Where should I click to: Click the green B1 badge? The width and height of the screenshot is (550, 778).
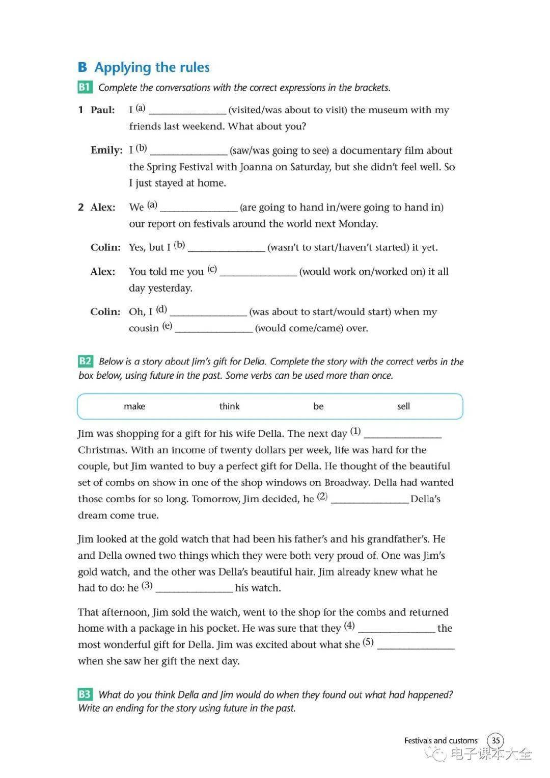click(85, 87)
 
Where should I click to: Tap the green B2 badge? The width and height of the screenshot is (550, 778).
click(85, 361)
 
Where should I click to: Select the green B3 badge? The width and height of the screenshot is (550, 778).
click(85, 694)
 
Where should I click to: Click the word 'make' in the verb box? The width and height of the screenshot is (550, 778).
click(134, 406)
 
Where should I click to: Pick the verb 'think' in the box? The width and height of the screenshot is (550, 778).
click(229, 406)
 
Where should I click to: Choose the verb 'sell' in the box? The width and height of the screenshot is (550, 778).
click(403, 406)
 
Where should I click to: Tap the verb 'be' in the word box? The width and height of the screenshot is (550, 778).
click(318, 406)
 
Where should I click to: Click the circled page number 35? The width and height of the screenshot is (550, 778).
click(496, 740)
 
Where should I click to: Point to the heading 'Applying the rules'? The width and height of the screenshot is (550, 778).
click(152, 67)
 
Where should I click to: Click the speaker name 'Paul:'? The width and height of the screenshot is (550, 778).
click(103, 110)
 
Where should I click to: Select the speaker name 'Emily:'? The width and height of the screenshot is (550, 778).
click(106, 150)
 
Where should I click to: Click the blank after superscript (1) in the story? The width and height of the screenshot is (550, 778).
click(403, 435)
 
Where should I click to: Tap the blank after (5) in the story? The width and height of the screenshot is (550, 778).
click(416, 646)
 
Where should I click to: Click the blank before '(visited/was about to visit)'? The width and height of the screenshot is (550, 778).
click(187, 111)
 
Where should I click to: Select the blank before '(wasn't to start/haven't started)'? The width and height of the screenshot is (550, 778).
click(227, 249)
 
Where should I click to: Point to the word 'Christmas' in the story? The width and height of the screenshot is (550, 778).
click(102, 450)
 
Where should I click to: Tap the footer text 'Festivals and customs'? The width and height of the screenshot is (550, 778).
click(441, 740)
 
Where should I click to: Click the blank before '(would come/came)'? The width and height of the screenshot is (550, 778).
click(213, 329)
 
